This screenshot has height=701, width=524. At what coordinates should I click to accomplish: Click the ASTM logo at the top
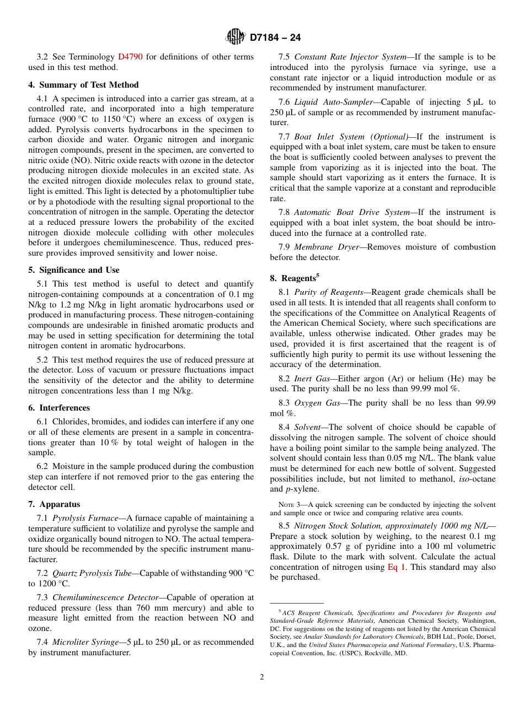pyautogui.click(x=236, y=37)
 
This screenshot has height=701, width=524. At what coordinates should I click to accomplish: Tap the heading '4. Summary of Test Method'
pyautogui.click(x=83, y=85)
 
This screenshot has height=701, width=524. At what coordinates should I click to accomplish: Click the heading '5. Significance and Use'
pyautogui.click(x=74, y=270)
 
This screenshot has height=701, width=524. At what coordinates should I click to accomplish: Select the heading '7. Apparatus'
pyautogui.click(x=54, y=504)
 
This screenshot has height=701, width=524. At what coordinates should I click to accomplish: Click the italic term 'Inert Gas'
pyautogui.click(x=312, y=379)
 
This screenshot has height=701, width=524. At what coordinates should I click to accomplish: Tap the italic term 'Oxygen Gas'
pyautogui.click(x=317, y=403)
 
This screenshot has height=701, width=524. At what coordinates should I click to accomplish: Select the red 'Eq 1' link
pyautogui.click(x=395, y=567)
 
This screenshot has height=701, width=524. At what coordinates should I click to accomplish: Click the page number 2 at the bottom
pyautogui.click(x=262, y=677)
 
